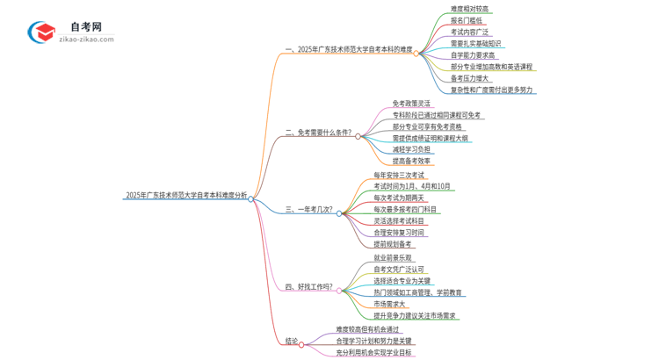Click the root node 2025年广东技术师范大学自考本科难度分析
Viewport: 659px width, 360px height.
tap(186, 196)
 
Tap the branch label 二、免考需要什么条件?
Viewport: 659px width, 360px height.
tap(318, 133)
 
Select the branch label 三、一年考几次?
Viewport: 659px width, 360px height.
tap(309, 210)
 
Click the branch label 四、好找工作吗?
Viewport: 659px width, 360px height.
tap(309, 286)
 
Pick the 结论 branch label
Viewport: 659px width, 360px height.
tap(292, 341)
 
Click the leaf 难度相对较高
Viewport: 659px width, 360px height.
tap(470, 9)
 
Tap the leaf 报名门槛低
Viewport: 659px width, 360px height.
tap(467, 20)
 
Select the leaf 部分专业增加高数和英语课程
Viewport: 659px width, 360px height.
tap(491, 66)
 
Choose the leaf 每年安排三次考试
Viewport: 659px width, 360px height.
tap(398, 175)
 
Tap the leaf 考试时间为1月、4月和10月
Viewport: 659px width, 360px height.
tap(411, 186)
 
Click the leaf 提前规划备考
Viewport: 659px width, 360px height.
tap(392, 244)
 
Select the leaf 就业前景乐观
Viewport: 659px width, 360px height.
tap(392, 257)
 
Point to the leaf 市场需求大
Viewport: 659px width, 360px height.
tap(388, 304)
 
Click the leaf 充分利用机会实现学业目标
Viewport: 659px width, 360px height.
tap(373, 353)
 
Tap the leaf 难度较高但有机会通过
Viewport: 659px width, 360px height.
tap(367, 329)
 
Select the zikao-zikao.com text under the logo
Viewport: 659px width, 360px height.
tap(87, 40)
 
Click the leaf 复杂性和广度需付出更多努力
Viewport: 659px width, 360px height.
tap(491, 90)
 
